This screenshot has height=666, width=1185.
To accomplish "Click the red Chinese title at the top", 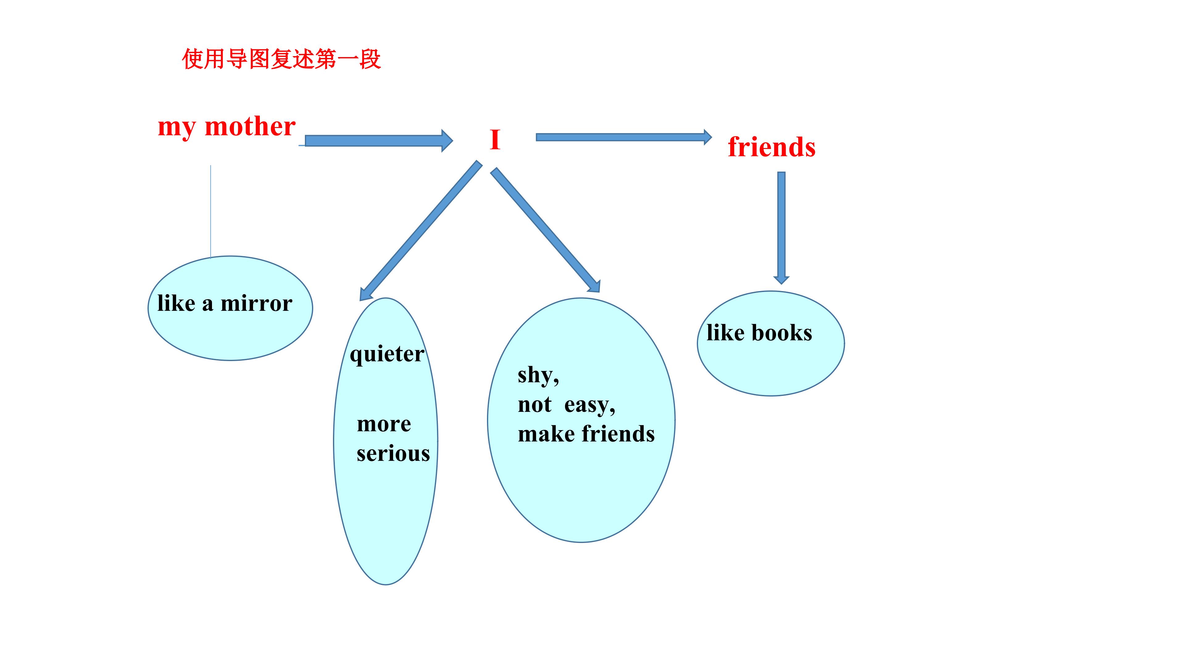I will point(281,59).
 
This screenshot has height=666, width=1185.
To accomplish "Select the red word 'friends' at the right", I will point(771,147).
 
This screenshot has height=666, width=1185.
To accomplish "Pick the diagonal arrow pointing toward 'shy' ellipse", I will point(545,230).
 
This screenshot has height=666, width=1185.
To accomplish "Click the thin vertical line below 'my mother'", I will point(211,212).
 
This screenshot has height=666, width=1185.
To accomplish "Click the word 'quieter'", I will point(387,354).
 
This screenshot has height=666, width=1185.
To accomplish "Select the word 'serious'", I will point(393,454).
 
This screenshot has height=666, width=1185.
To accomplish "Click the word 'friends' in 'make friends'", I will point(618,434).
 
